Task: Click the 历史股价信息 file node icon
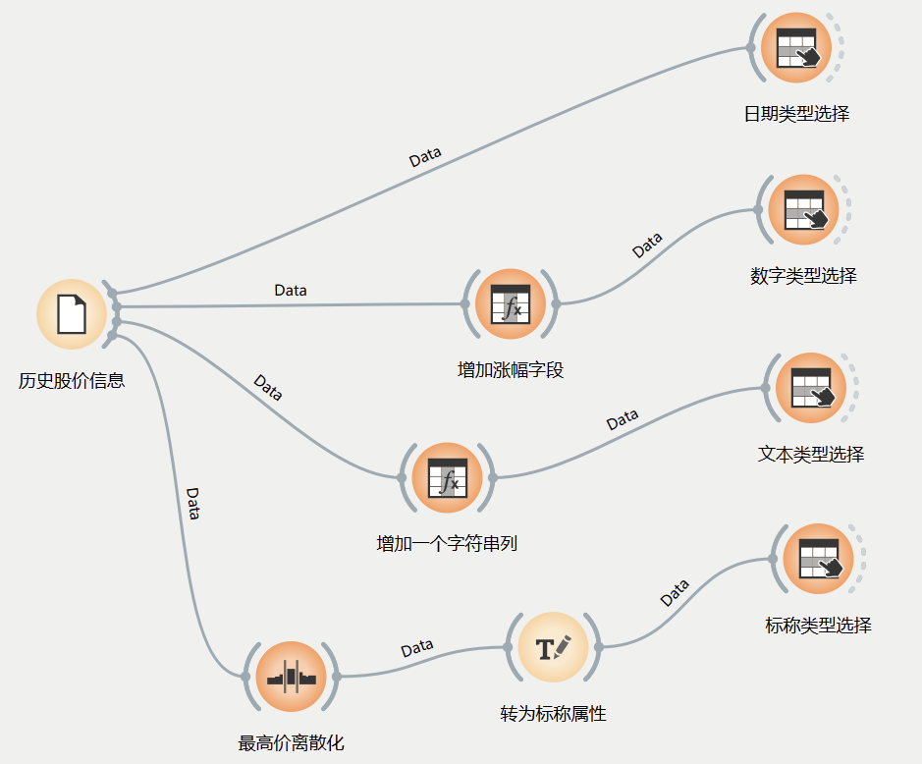71,313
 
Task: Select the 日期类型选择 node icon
796,47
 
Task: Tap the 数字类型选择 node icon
804,209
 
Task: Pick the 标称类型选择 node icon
818,559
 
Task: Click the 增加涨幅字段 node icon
510,303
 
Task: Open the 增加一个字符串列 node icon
448,478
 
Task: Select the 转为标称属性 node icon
553,647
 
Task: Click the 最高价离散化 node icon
291,677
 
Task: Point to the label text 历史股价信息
72,380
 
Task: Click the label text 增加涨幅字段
511,370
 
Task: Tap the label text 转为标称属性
553,714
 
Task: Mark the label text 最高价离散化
292,743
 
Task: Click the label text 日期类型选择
796,114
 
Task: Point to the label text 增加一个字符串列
447,543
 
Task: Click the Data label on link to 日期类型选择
425,157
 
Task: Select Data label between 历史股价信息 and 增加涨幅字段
290,291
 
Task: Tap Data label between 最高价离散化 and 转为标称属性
417,648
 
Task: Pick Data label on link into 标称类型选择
675,593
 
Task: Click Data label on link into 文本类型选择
623,421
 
